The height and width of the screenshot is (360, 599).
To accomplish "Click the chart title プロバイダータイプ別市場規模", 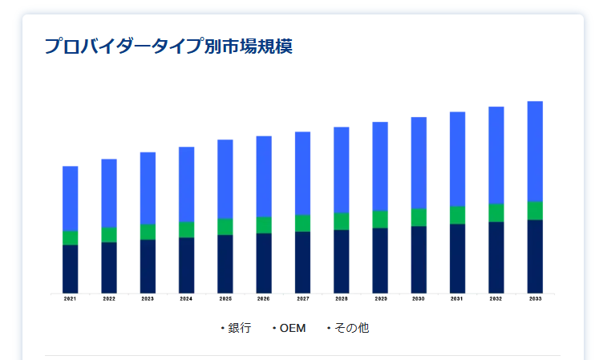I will coord(168,46).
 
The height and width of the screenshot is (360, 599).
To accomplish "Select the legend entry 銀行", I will coord(239,328).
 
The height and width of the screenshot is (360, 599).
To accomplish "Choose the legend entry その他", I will coord(351,328).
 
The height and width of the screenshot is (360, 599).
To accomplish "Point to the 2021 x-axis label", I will coord(71,299).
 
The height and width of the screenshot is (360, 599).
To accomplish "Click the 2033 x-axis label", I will coord(535,299).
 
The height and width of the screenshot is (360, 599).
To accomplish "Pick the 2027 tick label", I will coord(302,299).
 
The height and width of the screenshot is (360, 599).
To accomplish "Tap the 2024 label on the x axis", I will coord(186,299).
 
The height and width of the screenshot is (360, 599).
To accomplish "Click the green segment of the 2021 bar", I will coord(71,237).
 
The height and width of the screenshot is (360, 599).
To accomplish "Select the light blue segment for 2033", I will coord(535,151).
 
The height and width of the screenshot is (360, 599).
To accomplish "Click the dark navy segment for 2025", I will coord(225,264).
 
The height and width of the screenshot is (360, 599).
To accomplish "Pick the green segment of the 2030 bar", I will coord(419,217).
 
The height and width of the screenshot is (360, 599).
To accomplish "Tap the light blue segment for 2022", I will coord(109,192).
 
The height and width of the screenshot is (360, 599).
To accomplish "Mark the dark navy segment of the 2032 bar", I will coord(496,257).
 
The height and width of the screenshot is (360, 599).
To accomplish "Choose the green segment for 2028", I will coord(342,221).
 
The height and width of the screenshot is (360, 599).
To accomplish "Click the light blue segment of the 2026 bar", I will coord(264,176).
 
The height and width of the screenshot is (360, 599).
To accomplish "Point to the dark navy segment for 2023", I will coord(148,266).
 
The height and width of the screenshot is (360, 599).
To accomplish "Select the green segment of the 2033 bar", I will coord(535,210).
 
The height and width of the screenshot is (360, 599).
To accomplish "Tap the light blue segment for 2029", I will coord(380,166).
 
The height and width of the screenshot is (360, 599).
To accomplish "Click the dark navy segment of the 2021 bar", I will coord(71,269).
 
